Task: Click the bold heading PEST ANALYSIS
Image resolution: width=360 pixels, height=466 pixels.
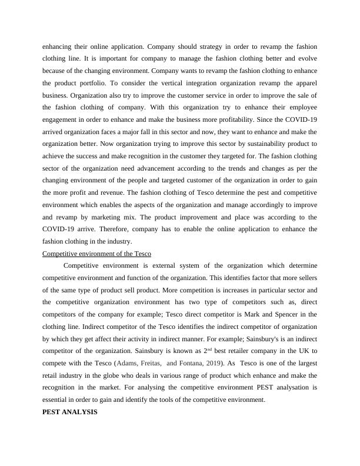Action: tap(70, 412)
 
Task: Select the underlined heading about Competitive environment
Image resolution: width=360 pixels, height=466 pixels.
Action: tap(97, 254)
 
